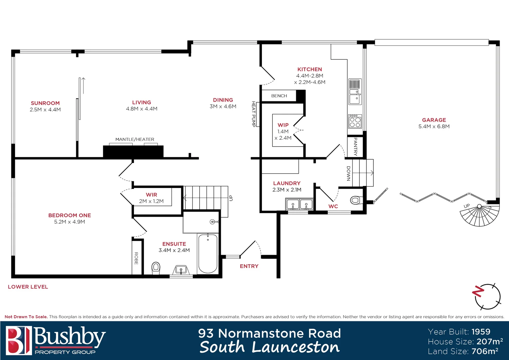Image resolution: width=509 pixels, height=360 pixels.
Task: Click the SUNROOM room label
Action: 45,103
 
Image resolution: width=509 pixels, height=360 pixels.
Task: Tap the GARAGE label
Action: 434,120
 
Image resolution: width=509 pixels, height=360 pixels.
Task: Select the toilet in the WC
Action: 355,200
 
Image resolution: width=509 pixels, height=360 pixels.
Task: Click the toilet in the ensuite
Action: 156,268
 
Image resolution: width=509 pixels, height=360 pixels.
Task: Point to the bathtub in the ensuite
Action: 208,253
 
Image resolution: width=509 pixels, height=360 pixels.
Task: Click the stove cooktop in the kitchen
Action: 355,121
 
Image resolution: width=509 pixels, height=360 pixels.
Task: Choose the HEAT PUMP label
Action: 254,114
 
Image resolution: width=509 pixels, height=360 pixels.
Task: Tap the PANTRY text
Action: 355,147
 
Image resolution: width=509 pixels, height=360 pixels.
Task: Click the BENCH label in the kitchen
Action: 279,96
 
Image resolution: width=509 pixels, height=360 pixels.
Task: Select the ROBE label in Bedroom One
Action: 136,258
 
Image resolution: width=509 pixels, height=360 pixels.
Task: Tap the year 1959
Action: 481,332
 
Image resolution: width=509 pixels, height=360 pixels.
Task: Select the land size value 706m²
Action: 485,351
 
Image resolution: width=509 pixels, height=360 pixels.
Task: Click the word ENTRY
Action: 249,266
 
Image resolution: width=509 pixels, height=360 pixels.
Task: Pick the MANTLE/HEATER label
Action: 135,139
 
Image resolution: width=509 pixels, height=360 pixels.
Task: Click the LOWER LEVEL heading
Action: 28,287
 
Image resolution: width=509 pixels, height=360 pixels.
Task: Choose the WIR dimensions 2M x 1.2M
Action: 151,201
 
